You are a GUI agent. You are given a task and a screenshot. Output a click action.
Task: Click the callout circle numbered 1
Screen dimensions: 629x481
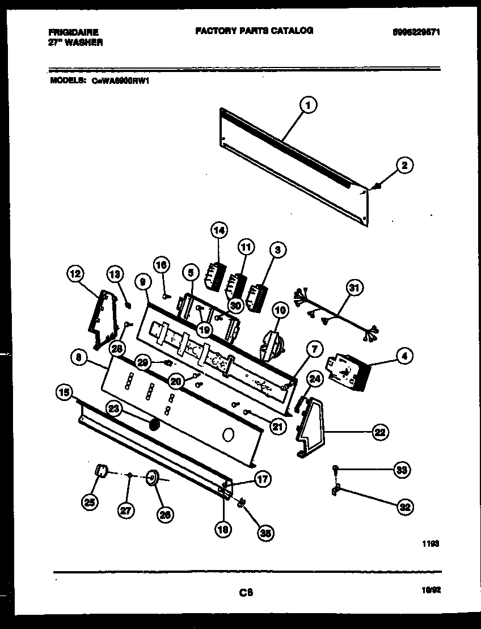click(307, 104)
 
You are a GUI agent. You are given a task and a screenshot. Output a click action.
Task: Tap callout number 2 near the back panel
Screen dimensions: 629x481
click(404, 166)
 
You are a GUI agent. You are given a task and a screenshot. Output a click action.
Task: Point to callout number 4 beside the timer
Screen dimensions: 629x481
click(403, 356)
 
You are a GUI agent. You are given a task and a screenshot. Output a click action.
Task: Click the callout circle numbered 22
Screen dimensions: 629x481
click(379, 432)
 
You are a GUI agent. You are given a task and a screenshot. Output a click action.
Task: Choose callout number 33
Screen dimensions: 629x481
click(402, 470)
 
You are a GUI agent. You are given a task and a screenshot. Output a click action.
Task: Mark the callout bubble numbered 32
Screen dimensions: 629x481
click(404, 507)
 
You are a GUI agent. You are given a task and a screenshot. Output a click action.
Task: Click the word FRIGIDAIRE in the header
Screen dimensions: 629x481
click(73, 32)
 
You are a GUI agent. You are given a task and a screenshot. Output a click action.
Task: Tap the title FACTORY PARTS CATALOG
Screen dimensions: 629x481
click(254, 31)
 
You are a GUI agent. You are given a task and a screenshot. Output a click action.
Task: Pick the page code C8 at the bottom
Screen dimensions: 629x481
click(245, 593)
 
